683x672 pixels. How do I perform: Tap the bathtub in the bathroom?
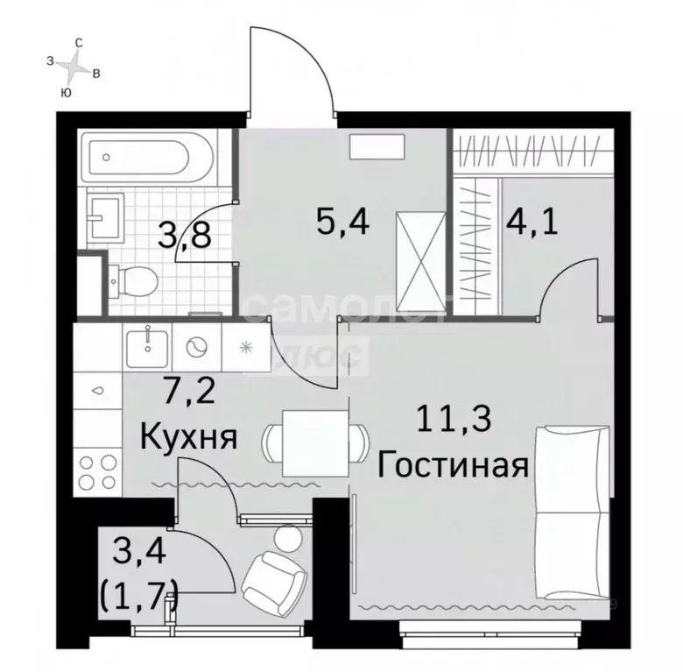[144, 158]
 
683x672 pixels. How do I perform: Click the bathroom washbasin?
[107, 216]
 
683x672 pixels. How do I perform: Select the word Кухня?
[189, 435]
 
